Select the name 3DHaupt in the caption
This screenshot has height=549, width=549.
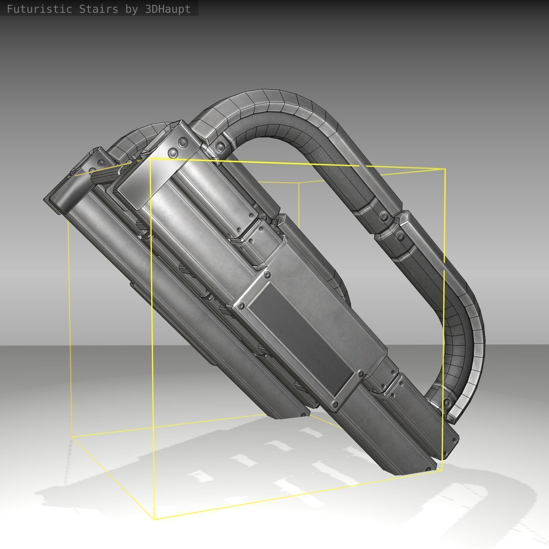(168, 9)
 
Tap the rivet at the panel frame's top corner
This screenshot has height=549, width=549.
(267, 274)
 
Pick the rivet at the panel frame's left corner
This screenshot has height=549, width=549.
(241, 306)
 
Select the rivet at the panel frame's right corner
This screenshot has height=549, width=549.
(361, 374)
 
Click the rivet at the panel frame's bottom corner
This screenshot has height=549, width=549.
(335, 404)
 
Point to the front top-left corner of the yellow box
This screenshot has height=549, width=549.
(150, 159)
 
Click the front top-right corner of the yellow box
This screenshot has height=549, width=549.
(445, 169)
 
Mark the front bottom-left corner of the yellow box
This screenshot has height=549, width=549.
(154, 519)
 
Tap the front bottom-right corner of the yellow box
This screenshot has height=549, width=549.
(442, 470)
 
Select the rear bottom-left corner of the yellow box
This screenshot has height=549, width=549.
(72, 436)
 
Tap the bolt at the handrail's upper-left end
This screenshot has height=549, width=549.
(220, 147)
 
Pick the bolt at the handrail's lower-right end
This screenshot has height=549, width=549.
(447, 403)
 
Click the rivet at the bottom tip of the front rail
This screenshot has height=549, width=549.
(428, 469)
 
